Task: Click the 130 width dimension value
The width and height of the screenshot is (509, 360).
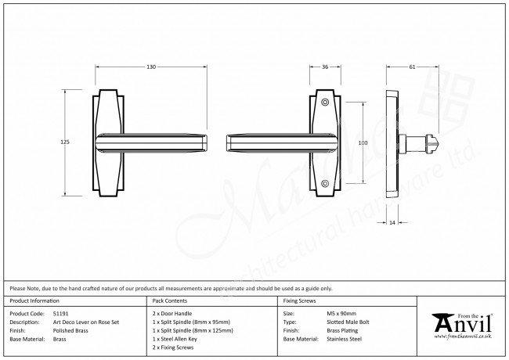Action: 150,67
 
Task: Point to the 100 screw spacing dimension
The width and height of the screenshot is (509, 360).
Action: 363,143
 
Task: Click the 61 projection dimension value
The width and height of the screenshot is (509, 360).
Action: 412,67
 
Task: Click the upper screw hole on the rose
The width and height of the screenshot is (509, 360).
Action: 325,103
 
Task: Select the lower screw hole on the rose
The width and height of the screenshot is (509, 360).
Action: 325,183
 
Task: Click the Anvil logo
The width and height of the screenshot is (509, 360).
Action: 462,322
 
